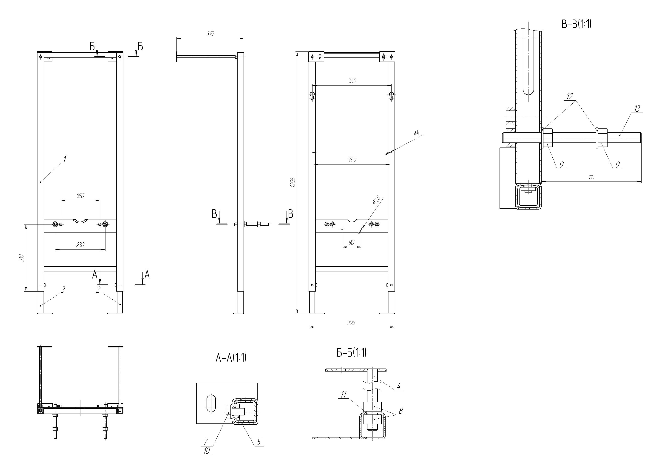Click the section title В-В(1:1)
[577, 24]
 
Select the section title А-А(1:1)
[231, 358]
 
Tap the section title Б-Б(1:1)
[351, 353]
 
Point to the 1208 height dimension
[293, 182]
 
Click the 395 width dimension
[351, 322]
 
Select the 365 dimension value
[352, 81]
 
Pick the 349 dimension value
[352, 160]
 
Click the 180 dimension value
[81, 196]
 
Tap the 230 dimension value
[80, 245]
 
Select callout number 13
[637, 109]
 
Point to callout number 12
[570, 96]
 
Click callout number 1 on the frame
[65, 159]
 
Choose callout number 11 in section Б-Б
[344, 395]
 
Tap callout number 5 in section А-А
[259, 442]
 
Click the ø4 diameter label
[417, 133]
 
